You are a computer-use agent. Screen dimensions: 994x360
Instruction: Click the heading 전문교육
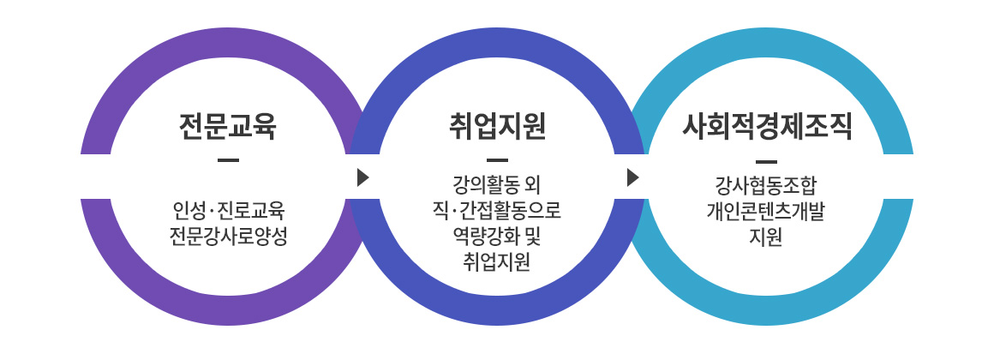pyautogui.click(x=228, y=127)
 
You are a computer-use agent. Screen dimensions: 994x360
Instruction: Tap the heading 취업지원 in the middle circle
pyautogui.click(x=497, y=127)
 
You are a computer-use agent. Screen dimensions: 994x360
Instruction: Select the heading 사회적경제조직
pyautogui.click(x=766, y=127)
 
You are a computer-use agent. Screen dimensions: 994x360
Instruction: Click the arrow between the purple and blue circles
pyautogui.click(x=362, y=177)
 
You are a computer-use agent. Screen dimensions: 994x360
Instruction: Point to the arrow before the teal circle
pyautogui.click(x=632, y=177)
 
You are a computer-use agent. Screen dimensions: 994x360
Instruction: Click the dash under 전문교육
pyautogui.click(x=228, y=160)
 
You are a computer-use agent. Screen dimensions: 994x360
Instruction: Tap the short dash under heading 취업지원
pyautogui.click(x=497, y=160)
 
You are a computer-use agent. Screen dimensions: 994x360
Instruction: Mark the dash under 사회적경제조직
pyautogui.click(x=766, y=160)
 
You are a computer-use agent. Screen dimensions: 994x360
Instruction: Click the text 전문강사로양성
pyautogui.click(x=228, y=237)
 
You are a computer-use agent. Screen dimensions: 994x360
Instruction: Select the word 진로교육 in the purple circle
pyautogui.click(x=252, y=210)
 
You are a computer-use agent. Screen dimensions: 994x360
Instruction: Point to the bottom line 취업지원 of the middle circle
pyautogui.click(x=497, y=261)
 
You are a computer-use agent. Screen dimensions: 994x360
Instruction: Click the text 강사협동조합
pyautogui.click(x=766, y=186)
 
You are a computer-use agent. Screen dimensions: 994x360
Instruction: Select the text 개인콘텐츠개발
pyautogui.click(x=766, y=212)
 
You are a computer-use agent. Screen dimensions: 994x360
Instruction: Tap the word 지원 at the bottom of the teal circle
pyautogui.click(x=766, y=237)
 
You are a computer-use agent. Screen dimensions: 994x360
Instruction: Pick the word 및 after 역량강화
pyautogui.click(x=532, y=237)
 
